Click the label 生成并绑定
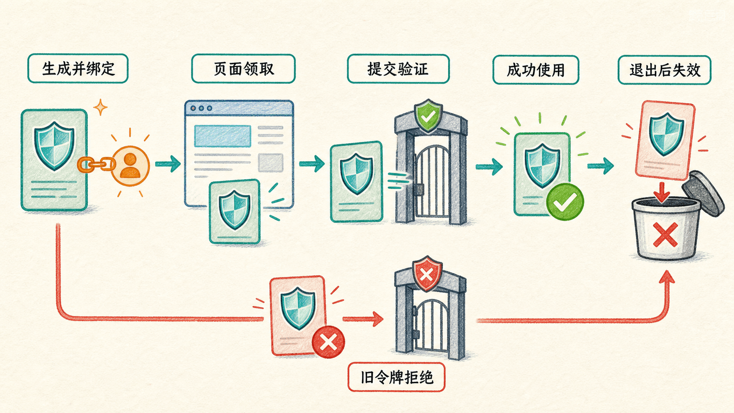tap(78, 68)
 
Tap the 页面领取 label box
tap(244, 69)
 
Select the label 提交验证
tap(398, 69)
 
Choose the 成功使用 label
tap(536, 70)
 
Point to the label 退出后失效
tap(665, 70)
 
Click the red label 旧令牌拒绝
tap(396, 377)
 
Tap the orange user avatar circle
tap(130, 166)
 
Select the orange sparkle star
tap(100, 107)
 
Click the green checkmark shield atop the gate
tap(428, 115)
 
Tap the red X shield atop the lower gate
tap(427, 273)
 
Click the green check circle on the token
tap(565, 202)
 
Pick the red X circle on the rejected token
tap(328, 342)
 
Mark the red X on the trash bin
tap(665, 234)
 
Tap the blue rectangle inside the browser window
tap(223, 136)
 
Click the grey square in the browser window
tap(271, 163)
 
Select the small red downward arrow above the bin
tap(662, 193)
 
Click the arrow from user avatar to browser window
tap(168, 164)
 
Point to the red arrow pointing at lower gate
tap(363, 319)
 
